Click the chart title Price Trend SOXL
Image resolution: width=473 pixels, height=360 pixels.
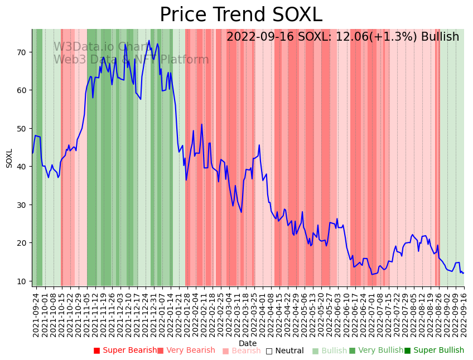[x=241, y=15]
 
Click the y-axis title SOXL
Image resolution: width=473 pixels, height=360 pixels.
[x=9, y=158]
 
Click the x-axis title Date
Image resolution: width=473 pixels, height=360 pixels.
[x=248, y=343]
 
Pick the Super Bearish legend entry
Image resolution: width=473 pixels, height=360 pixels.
[x=126, y=351]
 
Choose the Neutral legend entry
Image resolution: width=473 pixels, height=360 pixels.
[x=285, y=351]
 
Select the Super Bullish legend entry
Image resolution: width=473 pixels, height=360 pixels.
[x=434, y=351]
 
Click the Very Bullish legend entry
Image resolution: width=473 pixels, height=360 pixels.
[x=376, y=351]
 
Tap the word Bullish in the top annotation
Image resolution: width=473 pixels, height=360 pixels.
[x=440, y=37]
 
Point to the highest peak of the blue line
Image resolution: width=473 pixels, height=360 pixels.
[x=149, y=41]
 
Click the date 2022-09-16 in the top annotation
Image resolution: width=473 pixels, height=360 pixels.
[x=260, y=37]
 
